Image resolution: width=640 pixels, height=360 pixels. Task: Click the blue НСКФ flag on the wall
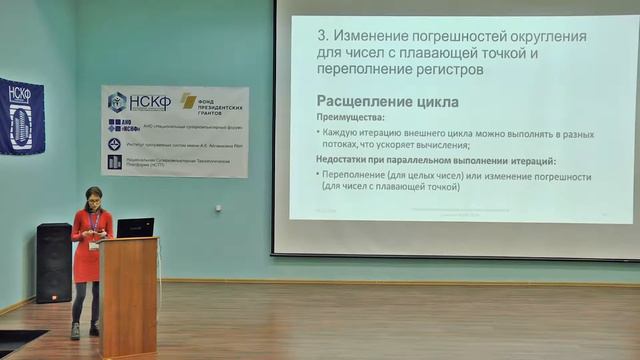tap(20, 115)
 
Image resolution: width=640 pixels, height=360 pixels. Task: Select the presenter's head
tap(93, 196)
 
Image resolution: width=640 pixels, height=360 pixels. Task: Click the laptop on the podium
tap(135, 228)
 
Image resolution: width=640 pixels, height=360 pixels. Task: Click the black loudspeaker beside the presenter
tap(54, 262)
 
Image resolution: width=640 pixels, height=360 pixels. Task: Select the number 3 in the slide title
tap(322, 37)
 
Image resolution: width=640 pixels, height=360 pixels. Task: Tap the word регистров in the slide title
tap(451, 70)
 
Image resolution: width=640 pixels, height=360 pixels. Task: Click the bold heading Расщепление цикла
tap(387, 101)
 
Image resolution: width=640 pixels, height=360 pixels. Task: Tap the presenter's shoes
tap(84, 330)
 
